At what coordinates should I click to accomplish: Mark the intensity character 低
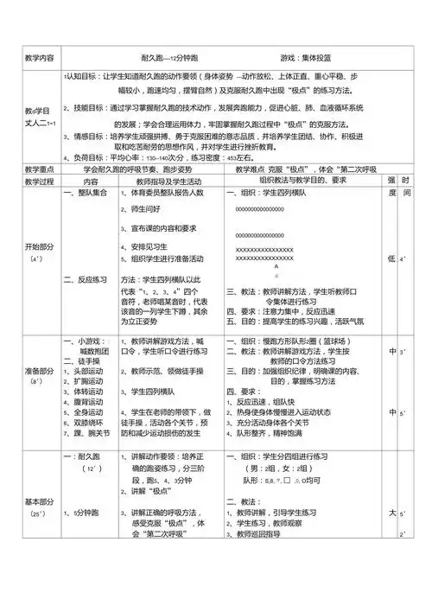click(x=391, y=258)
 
